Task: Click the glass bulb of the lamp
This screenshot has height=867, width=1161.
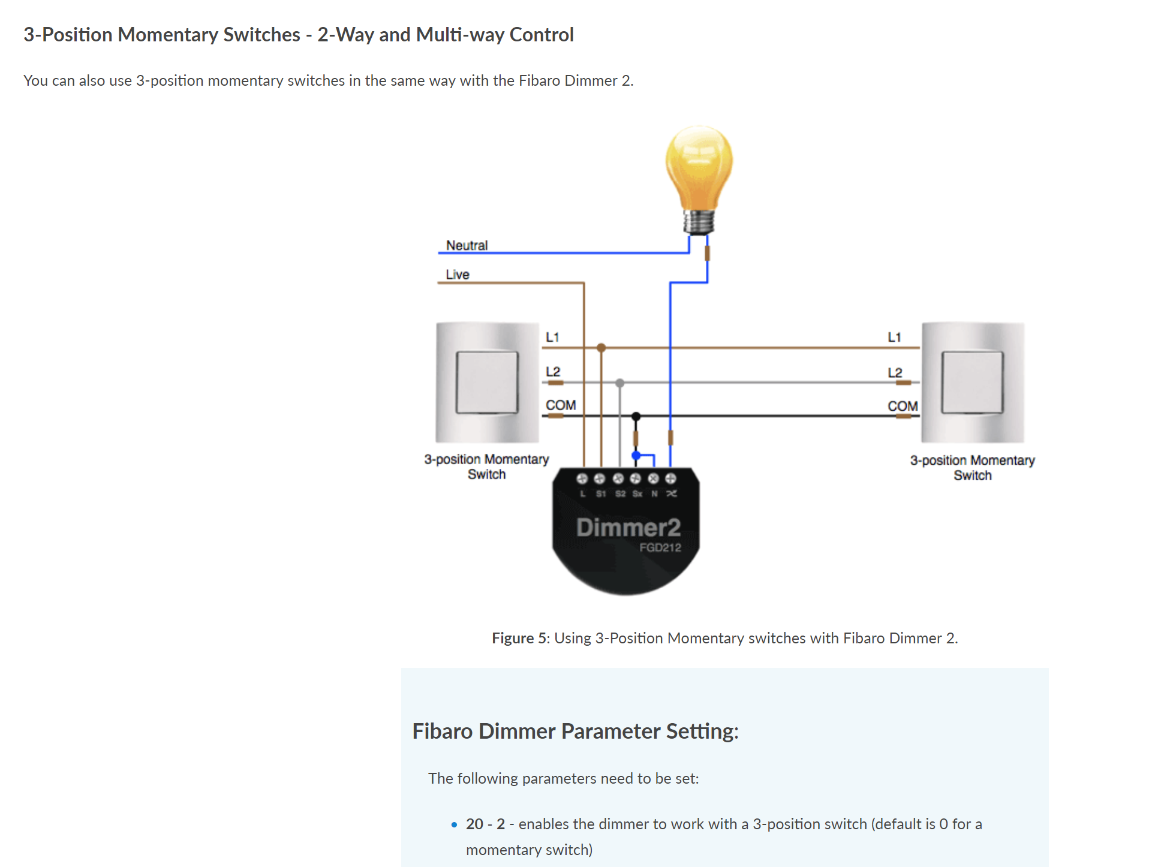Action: click(699, 165)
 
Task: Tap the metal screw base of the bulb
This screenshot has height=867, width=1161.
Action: click(699, 221)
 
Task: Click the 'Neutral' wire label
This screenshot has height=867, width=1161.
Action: click(467, 245)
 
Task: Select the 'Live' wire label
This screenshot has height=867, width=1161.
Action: click(457, 274)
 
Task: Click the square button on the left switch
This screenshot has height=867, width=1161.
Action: click(487, 383)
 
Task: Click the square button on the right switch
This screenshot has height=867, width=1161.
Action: click(972, 383)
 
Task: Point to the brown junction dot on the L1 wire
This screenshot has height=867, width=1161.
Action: click(601, 348)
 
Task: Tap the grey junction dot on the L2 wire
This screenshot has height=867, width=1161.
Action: click(619, 383)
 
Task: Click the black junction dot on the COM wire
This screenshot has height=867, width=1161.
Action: click(636, 416)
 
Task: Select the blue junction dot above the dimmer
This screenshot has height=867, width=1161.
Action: click(636, 456)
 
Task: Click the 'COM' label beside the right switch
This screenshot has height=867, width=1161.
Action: click(903, 406)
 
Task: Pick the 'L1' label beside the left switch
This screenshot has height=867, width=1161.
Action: click(552, 337)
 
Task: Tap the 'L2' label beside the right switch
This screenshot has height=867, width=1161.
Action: click(895, 372)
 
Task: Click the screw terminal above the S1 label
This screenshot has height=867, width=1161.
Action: click(600, 478)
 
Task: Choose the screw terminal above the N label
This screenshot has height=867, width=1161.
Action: click(653, 478)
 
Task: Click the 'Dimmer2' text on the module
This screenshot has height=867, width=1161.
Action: click(628, 527)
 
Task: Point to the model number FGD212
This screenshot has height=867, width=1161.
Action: click(660, 547)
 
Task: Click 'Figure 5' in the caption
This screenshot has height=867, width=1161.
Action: click(519, 638)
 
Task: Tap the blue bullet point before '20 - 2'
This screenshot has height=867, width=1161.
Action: click(454, 825)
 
